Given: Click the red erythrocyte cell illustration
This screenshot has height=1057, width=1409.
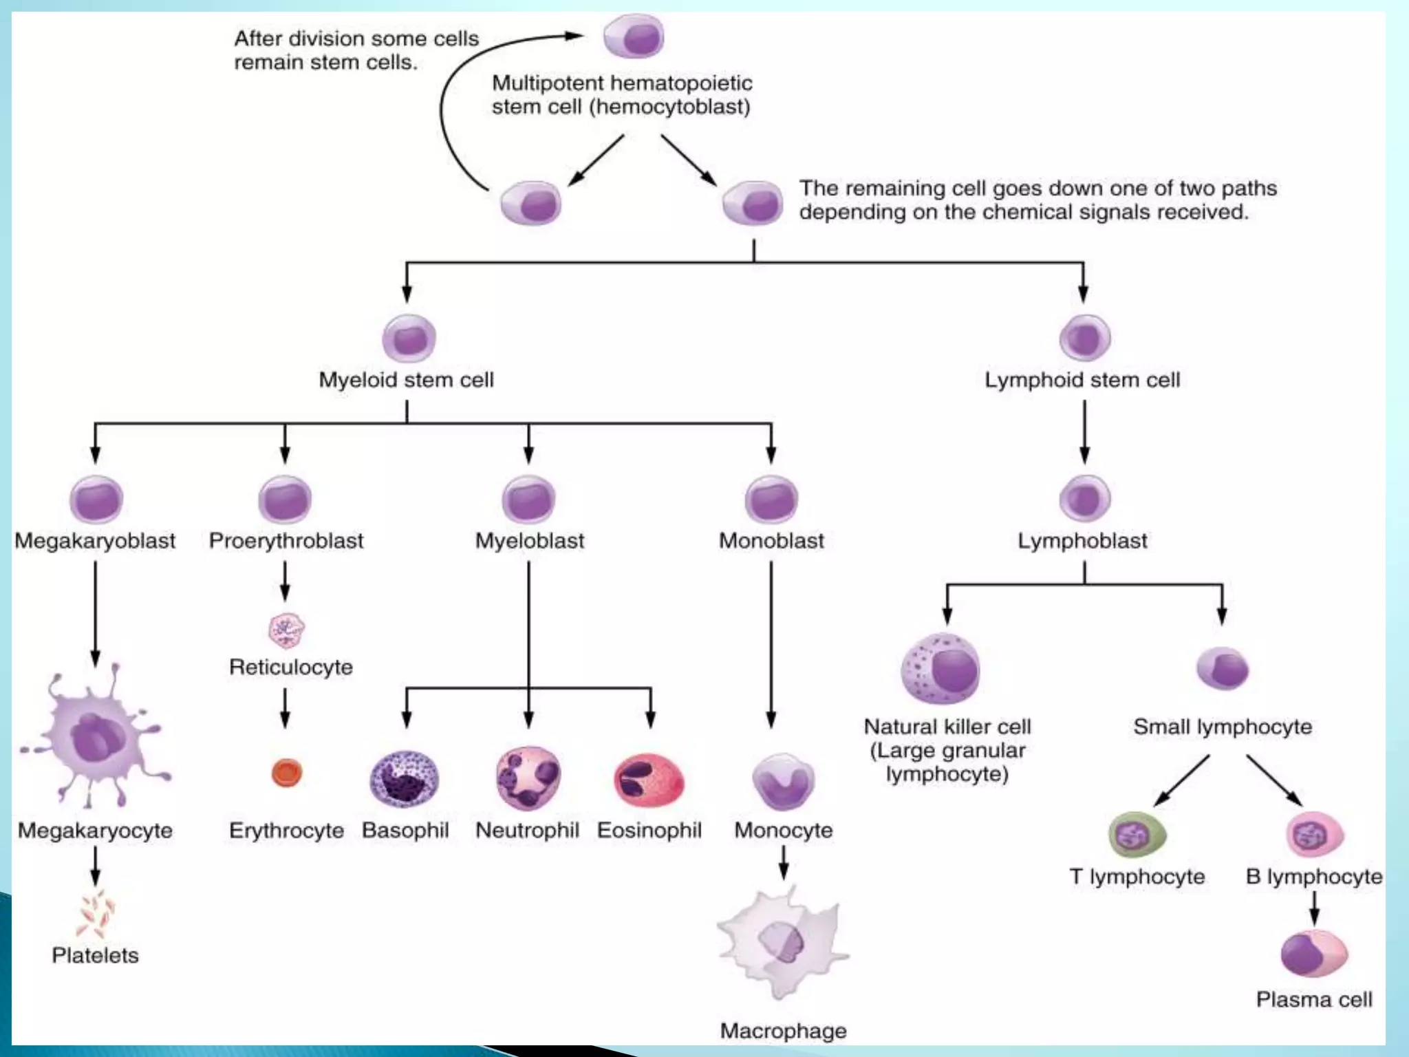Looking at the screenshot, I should click(287, 773).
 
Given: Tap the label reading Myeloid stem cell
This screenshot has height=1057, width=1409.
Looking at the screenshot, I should click(406, 380).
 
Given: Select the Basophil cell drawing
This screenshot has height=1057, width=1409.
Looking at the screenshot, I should click(405, 779).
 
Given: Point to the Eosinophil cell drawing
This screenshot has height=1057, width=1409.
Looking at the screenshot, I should click(649, 780).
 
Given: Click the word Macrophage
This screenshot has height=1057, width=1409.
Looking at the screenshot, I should click(783, 1030).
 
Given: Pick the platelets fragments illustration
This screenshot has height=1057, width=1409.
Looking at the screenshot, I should click(96, 914).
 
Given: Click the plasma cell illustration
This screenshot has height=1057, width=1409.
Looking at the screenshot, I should click(1314, 954).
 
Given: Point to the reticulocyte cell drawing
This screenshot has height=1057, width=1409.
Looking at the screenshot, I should click(286, 630).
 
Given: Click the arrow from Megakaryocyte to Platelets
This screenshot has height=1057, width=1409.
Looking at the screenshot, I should click(96, 866).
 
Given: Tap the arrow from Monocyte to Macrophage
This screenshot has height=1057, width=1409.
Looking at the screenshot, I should click(784, 862).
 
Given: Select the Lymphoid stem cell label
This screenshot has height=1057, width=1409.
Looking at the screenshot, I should click(1082, 380).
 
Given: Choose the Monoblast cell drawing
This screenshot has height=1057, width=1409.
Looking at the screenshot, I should click(771, 500).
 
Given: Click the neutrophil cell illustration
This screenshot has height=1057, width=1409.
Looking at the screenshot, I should click(528, 778).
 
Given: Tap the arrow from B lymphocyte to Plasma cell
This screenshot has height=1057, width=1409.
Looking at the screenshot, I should click(1314, 908).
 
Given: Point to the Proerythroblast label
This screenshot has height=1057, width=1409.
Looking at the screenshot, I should click(286, 541).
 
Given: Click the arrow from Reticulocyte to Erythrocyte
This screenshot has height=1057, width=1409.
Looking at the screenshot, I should click(286, 707).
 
